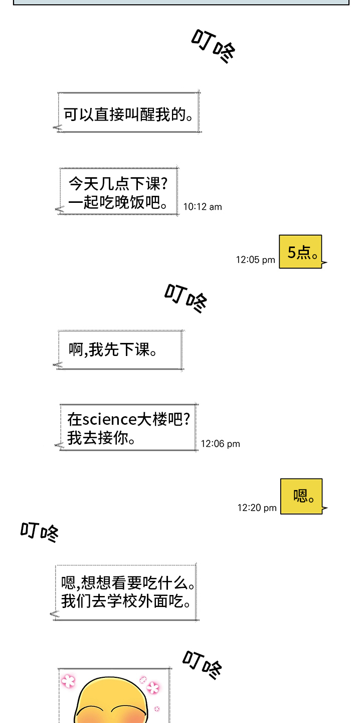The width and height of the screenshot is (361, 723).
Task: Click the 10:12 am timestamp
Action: coord(202,207)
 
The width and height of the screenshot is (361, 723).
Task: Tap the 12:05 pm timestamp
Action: coord(255,260)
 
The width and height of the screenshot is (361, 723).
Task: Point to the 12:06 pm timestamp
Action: coord(220,444)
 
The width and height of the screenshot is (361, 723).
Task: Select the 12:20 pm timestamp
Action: coord(257,508)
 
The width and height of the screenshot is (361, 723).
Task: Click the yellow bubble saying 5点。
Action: coord(300,252)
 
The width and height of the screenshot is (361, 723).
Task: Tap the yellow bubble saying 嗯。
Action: coord(301,497)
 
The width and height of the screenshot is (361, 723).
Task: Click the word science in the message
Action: coord(109,419)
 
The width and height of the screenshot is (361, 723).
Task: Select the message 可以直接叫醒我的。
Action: coord(128,114)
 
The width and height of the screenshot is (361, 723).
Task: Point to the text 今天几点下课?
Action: coord(118,184)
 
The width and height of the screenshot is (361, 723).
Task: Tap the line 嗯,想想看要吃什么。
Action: coord(128,583)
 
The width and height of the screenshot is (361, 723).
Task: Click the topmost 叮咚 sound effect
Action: coord(214,46)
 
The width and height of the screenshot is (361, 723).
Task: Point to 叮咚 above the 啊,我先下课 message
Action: coord(186,298)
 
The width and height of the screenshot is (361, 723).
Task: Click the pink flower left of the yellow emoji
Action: coord(68,681)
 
